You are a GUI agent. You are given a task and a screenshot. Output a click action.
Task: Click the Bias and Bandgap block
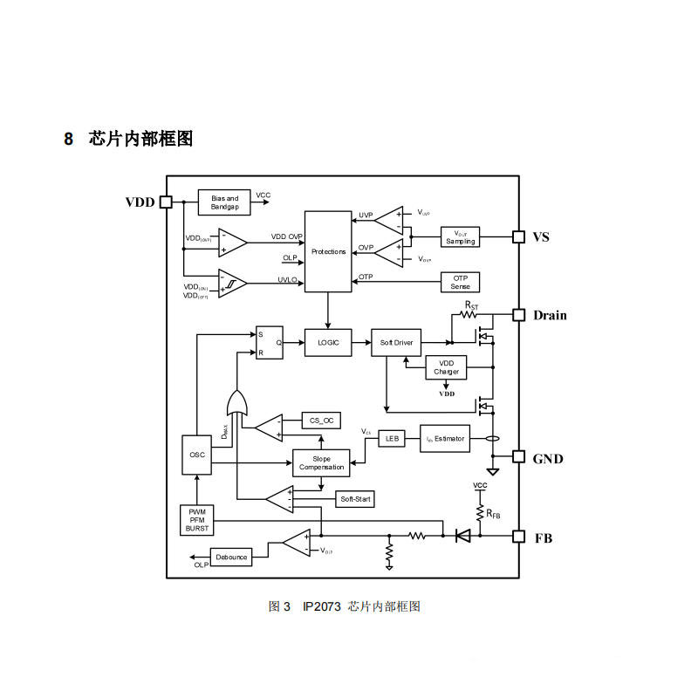tap(224, 202)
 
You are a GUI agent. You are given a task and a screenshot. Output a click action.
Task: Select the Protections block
tap(328, 251)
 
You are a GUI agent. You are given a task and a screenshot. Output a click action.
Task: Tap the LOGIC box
tap(328, 342)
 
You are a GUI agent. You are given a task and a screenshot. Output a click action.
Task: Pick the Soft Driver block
tap(397, 342)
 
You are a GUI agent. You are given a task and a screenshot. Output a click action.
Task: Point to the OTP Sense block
tap(460, 283)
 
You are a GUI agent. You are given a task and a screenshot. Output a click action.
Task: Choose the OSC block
tap(196, 455)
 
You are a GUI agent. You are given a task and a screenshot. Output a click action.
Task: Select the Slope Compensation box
tap(321, 462)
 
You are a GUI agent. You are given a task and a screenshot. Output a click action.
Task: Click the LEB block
tap(392, 438)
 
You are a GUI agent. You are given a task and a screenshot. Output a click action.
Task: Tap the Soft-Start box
tap(356, 499)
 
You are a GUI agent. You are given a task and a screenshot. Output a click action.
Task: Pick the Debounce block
tap(232, 557)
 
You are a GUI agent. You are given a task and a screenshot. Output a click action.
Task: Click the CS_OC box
tap(321, 420)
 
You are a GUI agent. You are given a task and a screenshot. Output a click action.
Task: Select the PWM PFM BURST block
tap(196, 520)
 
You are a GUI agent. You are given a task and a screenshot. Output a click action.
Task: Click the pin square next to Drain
tap(517, 315)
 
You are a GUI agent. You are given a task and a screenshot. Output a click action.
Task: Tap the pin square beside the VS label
tap(517, 236)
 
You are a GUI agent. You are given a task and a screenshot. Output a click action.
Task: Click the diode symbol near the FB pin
tap(462, 536)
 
